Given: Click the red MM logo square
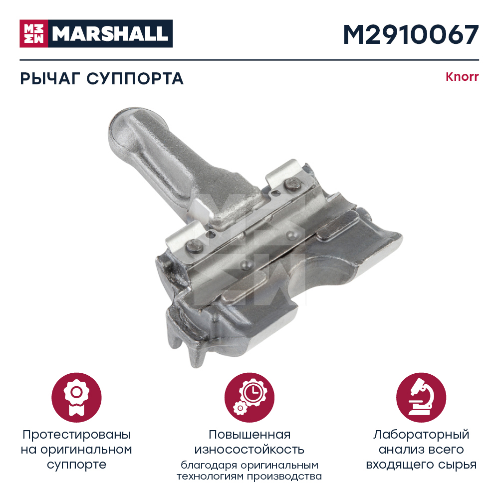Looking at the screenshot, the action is pyautogui.click(x=34, y=33).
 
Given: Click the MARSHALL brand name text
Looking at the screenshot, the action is pyautogui.click(x=110, y=34).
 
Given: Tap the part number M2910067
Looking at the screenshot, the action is pyautogui.click(x=411, y=34).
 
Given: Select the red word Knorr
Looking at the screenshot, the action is pyautogui.click(x=462, y=77).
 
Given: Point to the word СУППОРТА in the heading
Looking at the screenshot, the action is pyautogui.click(x=135, y=79).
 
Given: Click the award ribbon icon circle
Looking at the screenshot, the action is pyautogui.click(x=76, y=398).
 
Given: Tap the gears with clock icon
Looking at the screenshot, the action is pyautogui.click(x=249, y=398).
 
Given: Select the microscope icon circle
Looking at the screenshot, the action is pyautogui.click(x=421, y=398).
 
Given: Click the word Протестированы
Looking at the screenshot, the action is pyautogui.click(x=76, y=435).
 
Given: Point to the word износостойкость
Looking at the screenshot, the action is pyautogui.click(x=249, y=450).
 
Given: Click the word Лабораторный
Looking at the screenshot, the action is pyautogui.click(x=421, y=435).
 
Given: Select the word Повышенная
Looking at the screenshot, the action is pyautogui.click(x=249, y=435).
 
